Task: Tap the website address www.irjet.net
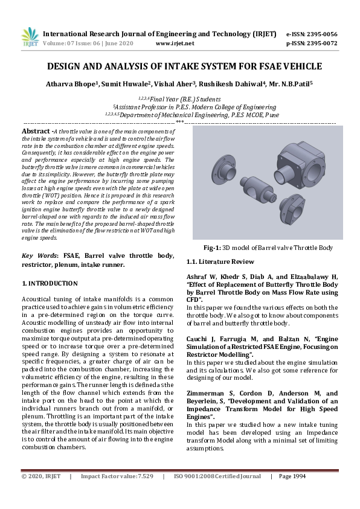175,43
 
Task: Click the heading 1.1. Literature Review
220,261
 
